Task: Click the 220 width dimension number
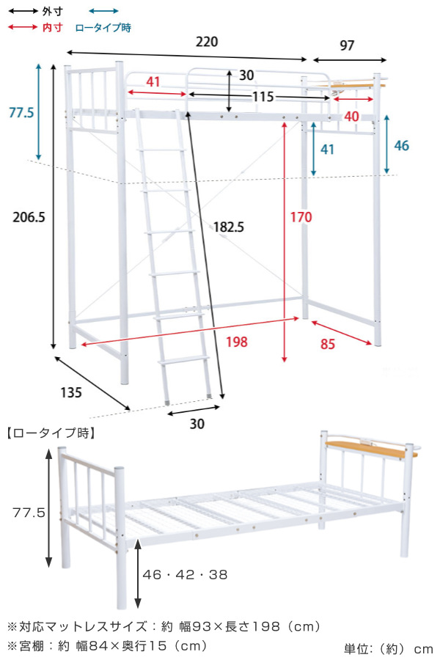coord(207,42)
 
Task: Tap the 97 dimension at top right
coord(347,45)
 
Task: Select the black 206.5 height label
coord(29,217)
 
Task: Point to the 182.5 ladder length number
coord(229,227)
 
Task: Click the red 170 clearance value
coord(301,217)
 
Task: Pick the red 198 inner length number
coord(237,342)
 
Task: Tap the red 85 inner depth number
coord(328,345)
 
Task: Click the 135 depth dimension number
coord(70,393)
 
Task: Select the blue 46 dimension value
coord(401,146)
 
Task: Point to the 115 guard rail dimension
coord(263,97)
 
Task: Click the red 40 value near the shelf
coord(351,116)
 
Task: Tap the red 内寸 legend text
coord(53,27)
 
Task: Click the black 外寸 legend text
coord(53,11)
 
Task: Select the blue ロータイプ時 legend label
coord(103,28)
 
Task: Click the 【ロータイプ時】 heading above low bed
coord(51,433)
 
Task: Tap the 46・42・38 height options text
coord(186,574)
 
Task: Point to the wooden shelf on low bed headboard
coord(370,450)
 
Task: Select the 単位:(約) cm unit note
coord(388,649)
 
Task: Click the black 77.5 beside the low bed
coord(29,513)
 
